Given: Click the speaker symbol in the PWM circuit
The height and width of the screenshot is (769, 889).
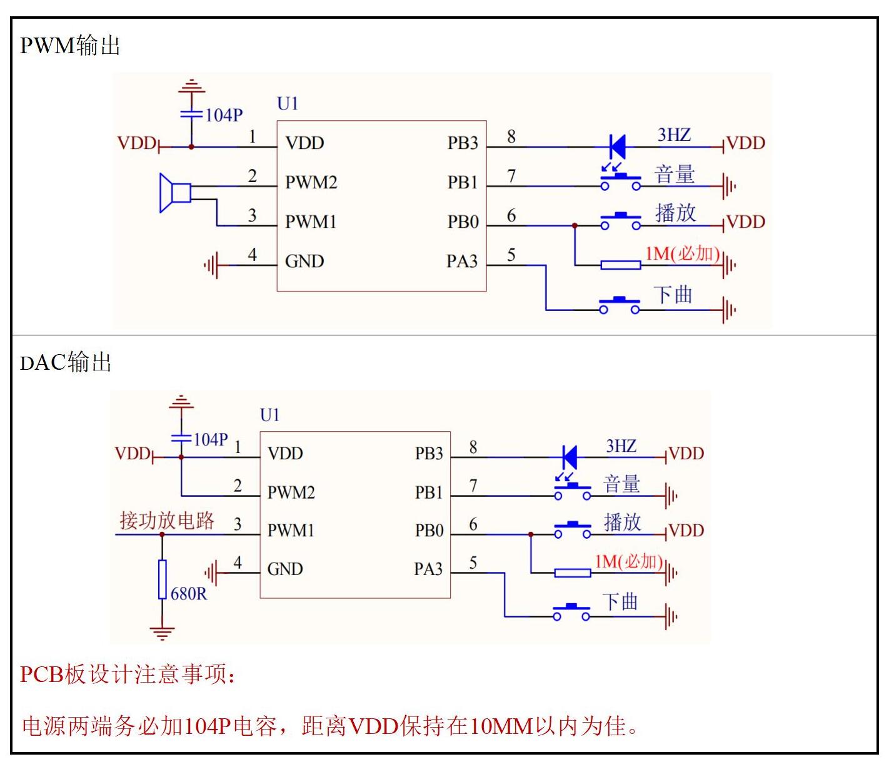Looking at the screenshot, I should (174, 193).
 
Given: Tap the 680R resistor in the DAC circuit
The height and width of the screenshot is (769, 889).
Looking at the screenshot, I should (163, 580).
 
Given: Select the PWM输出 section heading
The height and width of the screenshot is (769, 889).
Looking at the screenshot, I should (70, 46).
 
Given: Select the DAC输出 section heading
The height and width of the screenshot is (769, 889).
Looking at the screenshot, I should (66, 363).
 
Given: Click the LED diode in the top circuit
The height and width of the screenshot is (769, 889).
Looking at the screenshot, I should (618, 147).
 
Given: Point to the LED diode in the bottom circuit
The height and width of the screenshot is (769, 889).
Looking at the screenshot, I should (569, 457).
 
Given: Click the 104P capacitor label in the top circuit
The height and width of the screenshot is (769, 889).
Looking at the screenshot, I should (224, 115).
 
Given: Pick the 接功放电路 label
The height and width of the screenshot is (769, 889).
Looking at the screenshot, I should (167, 521).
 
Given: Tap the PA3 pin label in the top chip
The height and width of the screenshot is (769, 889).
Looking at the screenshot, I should (462, 261).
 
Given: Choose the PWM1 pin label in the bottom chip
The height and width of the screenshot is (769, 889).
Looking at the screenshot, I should (291, 531).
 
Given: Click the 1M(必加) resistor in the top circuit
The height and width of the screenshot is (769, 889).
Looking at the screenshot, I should (621, 265).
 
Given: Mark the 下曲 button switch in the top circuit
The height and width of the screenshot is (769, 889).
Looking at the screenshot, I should (620, 305).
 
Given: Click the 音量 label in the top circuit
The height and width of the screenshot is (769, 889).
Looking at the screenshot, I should (675, 175).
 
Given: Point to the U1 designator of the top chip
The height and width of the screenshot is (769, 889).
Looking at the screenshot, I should (288, 104).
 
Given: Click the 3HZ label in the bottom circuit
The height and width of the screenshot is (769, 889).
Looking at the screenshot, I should (621, 446).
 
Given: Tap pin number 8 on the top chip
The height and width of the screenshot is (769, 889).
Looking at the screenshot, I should (511, 137).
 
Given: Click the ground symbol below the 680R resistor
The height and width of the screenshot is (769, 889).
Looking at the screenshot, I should (163, 633).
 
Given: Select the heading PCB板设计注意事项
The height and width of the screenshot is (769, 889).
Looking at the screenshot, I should (128, 675).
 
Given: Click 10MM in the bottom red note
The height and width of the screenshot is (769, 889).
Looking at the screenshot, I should (501, 726).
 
